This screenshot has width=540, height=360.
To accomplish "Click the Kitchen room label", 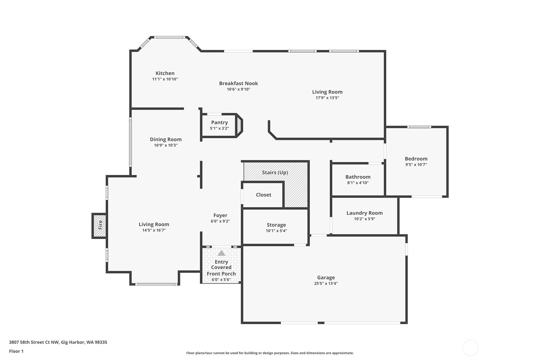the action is pyautogui.click(x=165, y=73).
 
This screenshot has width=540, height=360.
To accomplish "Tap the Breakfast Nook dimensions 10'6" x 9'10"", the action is pyautogui.click(x=238, y=89).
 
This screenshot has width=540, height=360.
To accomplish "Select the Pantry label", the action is pyautogui.click(x=219, y=123).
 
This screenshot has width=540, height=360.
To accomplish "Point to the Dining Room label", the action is pyautogui.click(x=165, y=139).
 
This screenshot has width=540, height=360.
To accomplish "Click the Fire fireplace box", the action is pyautogui.click(x=99, y=225).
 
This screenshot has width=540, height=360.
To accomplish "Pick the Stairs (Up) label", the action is pyautogui.click(x=275, y=173).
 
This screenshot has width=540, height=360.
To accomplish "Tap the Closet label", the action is pyautogui.click(x=263, y=195).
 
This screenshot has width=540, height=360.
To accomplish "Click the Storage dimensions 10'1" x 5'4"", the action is pyautogui.click(x=276, y=231).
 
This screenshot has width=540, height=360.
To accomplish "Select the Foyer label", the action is pyautogui.click(x=220, y=215).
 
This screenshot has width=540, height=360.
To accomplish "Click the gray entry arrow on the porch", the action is pyautogui.click(x=221, y=253).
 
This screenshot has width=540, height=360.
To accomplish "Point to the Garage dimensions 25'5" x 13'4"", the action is pyautogui.click(x=326, y=283).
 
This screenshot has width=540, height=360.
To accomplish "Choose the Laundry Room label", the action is pyautogui.click(x=364, y=213).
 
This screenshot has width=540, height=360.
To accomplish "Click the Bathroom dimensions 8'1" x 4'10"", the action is pyautogui.click(x=358, y=183).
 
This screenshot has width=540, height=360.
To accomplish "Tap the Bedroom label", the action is pyautogui.click(x=416, y=159).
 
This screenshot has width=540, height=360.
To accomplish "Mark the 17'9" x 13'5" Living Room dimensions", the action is pyautogui.click(x=327, y=98).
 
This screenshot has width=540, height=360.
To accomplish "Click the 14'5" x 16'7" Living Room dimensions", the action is pyautogui.click(x=154, y=230).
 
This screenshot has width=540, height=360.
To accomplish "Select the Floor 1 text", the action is pyautogui.click(x=17, y=351).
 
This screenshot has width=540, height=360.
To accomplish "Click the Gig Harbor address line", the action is pyautogui.click(x=58, y=342).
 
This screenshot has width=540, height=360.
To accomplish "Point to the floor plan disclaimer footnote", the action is pyautogui.click(x=270, y=353).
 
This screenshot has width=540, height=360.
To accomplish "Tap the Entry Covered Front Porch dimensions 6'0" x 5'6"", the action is pyautogui.click(x=221, y=280).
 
